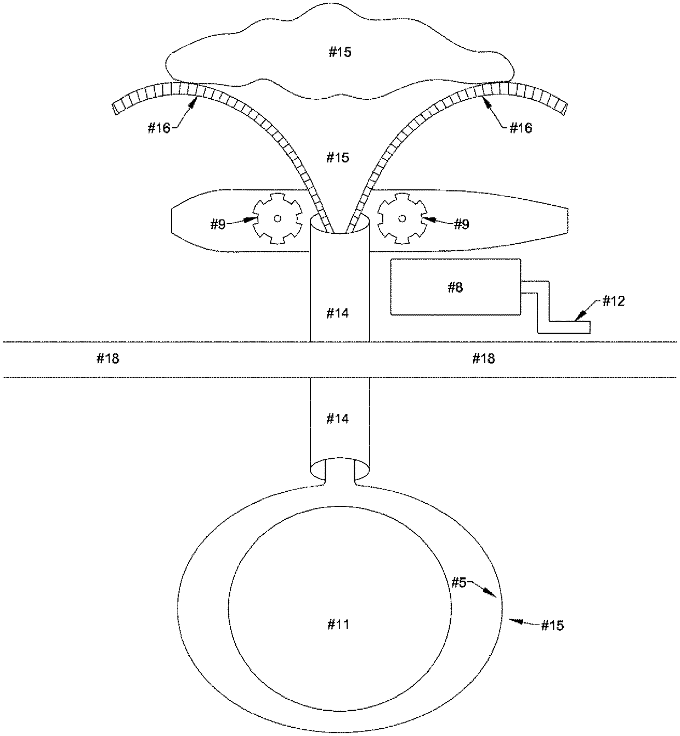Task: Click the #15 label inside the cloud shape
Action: tap(339, 52)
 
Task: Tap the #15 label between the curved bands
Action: tap(337, 158)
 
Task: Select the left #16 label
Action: tap(159, 128)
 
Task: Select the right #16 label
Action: tap(521, 128)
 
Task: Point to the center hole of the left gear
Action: tap(277, 218)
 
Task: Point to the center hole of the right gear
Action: tap(402, 218)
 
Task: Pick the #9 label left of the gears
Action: tap(218, 224)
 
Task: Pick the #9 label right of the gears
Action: tap(462, 224)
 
